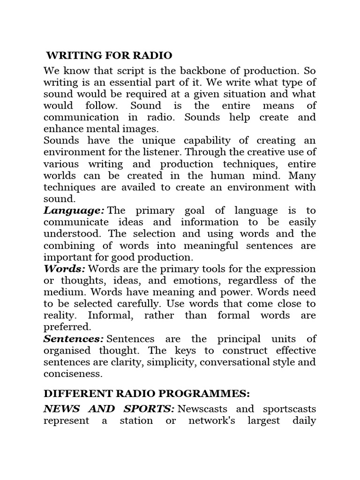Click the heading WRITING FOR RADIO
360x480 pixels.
point(109,56)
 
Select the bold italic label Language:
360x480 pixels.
point(74,210)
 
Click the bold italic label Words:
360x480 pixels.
point(64,269)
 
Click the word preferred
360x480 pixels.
point(67,327)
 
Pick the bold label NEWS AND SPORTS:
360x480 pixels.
point(109,409)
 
